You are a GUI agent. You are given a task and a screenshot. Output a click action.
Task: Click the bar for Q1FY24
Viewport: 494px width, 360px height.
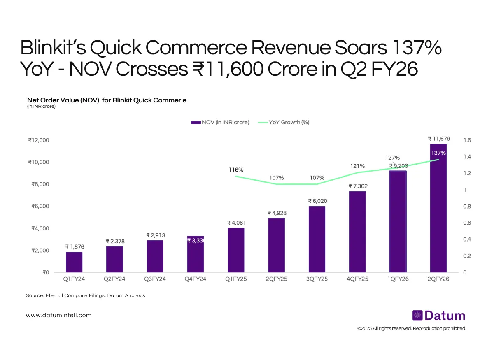[x=74, y=262]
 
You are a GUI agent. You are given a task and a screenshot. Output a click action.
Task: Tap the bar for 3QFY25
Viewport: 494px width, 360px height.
[x=317, y=239]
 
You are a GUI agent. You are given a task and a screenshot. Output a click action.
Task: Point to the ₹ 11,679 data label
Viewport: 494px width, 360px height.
[x=438, y=139]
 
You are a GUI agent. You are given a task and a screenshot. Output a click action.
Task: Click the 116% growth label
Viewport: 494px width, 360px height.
[x=236, y=170]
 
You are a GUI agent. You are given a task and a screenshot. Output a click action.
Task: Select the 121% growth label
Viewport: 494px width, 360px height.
[x=357, y=166]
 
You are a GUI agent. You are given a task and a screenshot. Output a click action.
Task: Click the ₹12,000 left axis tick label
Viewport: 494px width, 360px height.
[x=39, y=140]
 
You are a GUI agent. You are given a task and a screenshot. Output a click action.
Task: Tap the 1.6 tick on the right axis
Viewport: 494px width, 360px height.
[x=467, y=140]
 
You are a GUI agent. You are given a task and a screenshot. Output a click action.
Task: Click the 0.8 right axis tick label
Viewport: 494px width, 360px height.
[x=467, y=207]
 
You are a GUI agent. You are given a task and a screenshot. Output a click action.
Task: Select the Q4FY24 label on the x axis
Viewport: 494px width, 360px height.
[x=195, y=279]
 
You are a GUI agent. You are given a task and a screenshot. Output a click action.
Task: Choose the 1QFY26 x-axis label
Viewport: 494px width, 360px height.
[x=398, y=279]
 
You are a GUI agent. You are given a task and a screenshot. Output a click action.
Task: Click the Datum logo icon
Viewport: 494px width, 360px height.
[x=417, y=316]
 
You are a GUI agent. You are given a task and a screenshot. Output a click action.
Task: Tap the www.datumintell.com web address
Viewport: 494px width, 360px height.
[x=58, y=315]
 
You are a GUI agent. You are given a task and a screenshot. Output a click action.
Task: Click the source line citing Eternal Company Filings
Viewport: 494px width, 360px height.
[x=85, y=295]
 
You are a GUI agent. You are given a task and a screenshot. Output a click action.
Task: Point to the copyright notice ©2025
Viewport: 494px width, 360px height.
[x=411, y=328]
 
